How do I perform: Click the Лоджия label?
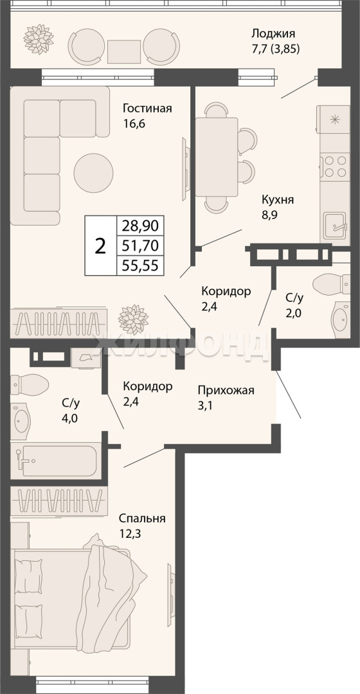click(x=273, y=33)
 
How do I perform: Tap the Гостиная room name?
click(x=147, y=109)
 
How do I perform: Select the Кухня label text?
click(x=278, y=200)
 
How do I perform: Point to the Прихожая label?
click(x=226, y=390)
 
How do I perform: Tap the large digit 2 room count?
click(x=101, y=245)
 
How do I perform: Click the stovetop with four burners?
click(x=335, y=166)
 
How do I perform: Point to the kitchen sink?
click(x=337, y=226)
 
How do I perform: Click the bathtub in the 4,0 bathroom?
click(x=59, y=461)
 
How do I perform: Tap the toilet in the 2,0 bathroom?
click(x=332, y=284)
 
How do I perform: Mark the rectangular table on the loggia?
click(x=124, y=52)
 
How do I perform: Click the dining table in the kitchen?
click(x=217, y=157)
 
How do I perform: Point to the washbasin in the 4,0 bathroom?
click(x=21, y=419)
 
